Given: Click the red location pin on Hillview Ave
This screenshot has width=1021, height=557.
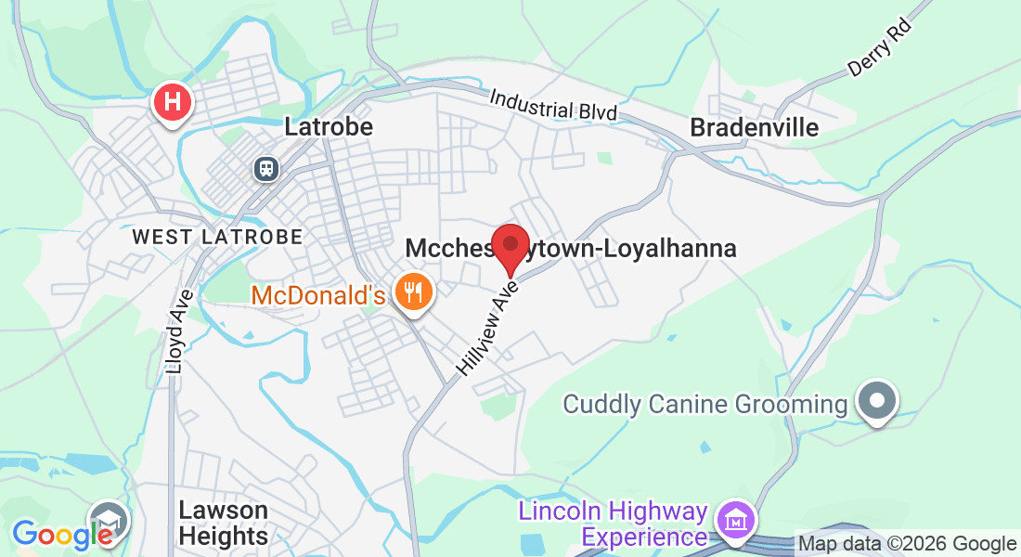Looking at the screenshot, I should point(510,245).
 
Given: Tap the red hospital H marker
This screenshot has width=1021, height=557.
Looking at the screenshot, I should point(172,102).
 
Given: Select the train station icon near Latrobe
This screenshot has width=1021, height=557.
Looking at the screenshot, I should point(266,168).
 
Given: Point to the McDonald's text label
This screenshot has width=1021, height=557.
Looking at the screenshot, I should point(317,296).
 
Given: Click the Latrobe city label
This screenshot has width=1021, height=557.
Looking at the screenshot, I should point(329,126).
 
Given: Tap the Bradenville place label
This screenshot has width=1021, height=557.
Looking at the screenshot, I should point(755,127).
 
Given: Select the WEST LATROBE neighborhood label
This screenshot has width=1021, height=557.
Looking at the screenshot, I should point(217,237).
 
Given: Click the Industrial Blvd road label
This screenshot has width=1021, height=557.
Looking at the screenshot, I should point(553,104).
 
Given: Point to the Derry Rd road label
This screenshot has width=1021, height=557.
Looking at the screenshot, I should point(880,47).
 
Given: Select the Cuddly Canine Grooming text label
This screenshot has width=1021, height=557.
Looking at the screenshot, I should point(705,404).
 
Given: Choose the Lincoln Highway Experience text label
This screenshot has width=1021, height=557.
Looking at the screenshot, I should point(613,524).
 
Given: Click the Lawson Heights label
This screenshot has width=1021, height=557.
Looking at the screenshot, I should point(223,523).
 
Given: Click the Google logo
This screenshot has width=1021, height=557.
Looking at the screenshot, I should point(61,535).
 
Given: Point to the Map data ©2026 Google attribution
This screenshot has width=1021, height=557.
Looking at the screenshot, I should point(907,544).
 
